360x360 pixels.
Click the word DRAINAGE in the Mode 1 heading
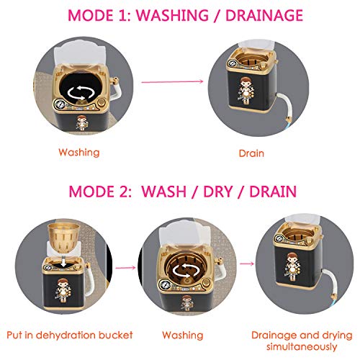click(264, 15)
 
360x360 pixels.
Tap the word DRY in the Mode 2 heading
click(218, 192)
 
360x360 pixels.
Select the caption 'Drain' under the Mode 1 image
click(251, 153)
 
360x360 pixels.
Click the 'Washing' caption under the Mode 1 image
click(79, 153)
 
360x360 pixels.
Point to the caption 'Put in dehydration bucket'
click(70, 335)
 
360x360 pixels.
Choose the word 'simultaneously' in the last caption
click(302, 347)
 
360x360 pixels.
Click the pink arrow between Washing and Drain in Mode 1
click(172, 81)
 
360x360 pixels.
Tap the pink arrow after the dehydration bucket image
click(125, 268)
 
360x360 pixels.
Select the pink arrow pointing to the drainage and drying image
click(247, 264)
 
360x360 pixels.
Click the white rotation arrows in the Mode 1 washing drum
click(81, 93)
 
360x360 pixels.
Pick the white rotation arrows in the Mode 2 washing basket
click(186, 270)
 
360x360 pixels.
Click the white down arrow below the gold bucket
click(63, 261)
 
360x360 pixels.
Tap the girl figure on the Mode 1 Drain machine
click(246, 91)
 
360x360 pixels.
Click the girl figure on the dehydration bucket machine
click(63, 291)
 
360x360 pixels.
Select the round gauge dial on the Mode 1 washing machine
click(60, 105)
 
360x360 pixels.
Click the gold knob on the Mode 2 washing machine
click(206, 283)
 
